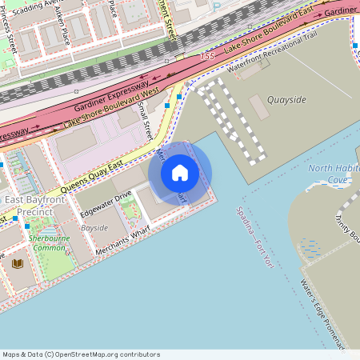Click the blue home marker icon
click(180, 172)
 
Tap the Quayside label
click(286, 100)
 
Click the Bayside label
click(94, 228)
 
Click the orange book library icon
click(18, 262)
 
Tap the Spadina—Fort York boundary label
click(254, 238)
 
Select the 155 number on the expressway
click(207, 56)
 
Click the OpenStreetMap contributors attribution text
click(81, 354)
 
